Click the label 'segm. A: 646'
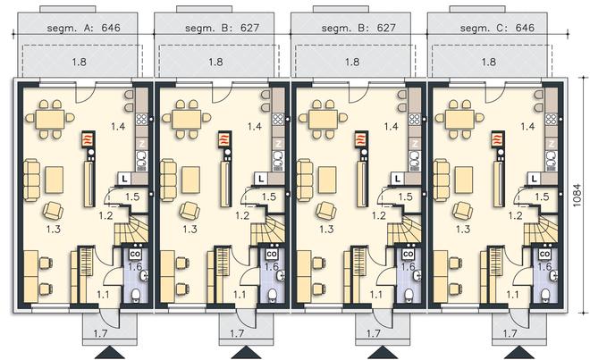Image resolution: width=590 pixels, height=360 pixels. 83,28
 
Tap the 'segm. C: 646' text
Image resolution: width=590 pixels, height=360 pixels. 497,28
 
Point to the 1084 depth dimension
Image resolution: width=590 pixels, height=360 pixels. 577,196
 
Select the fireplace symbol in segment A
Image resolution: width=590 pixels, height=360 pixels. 88,139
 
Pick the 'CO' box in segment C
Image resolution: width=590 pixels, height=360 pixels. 544,255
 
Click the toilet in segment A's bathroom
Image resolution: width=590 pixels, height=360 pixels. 136,296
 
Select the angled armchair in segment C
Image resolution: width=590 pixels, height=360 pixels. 463,211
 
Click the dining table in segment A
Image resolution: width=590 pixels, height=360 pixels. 50,119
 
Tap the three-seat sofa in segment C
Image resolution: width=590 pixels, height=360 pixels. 442,180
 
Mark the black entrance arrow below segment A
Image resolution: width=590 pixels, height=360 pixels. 110,353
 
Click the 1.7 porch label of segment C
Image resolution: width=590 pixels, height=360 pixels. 510,333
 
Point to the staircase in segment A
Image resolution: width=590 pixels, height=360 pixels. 131,229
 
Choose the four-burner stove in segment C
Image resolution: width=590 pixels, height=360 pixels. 552,119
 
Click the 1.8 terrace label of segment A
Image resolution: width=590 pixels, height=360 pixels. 79,62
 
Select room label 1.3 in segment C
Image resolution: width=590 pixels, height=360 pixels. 462,229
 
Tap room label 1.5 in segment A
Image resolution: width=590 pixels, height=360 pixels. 132,197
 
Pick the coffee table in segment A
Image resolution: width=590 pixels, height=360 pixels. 55,180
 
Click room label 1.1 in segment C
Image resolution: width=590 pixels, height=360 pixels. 512,295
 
